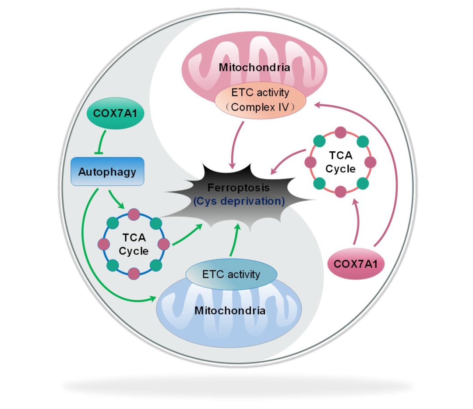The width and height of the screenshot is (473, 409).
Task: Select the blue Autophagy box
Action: coord(107,171)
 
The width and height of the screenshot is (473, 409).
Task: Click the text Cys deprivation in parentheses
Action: coord(239,201)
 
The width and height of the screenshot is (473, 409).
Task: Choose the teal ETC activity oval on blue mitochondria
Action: coord(231,274)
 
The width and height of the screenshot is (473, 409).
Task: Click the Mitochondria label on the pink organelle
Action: coord(254,68)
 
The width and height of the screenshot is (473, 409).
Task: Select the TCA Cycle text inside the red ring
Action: coord(340,162)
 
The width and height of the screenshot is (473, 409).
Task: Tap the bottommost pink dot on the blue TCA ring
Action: coord(134,273)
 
